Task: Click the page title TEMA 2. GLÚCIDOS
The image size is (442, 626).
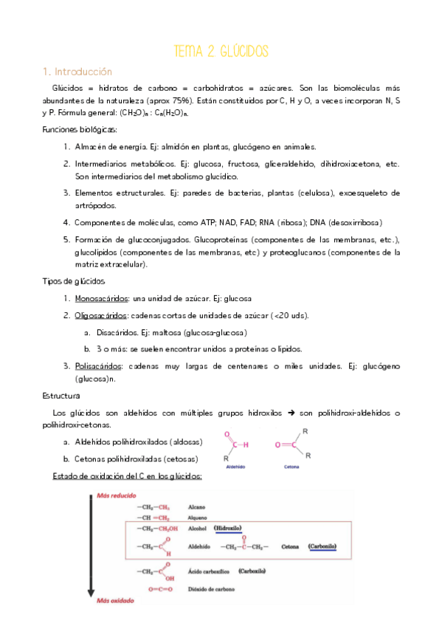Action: point(221,51)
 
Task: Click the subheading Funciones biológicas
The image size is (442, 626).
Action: point(75,129)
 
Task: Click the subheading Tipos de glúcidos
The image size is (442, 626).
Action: point(74,281)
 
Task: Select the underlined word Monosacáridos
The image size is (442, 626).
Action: point(101,298)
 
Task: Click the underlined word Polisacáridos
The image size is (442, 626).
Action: point(99,366)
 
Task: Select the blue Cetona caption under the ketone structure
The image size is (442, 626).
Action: point(291,467)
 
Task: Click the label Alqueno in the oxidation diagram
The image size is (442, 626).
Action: point(198,518)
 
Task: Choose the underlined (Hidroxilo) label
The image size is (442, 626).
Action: point(228,529)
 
